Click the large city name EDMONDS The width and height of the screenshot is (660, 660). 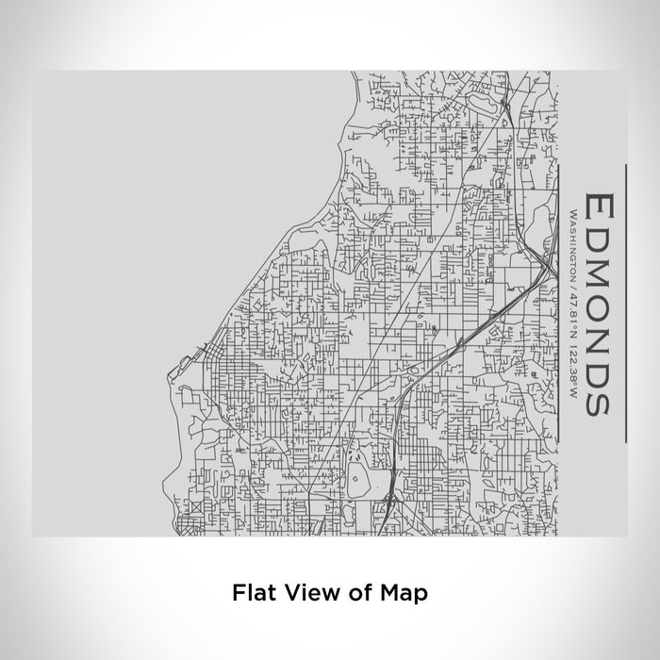pos(598,304)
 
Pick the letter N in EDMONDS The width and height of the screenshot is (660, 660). pos(598,339)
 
